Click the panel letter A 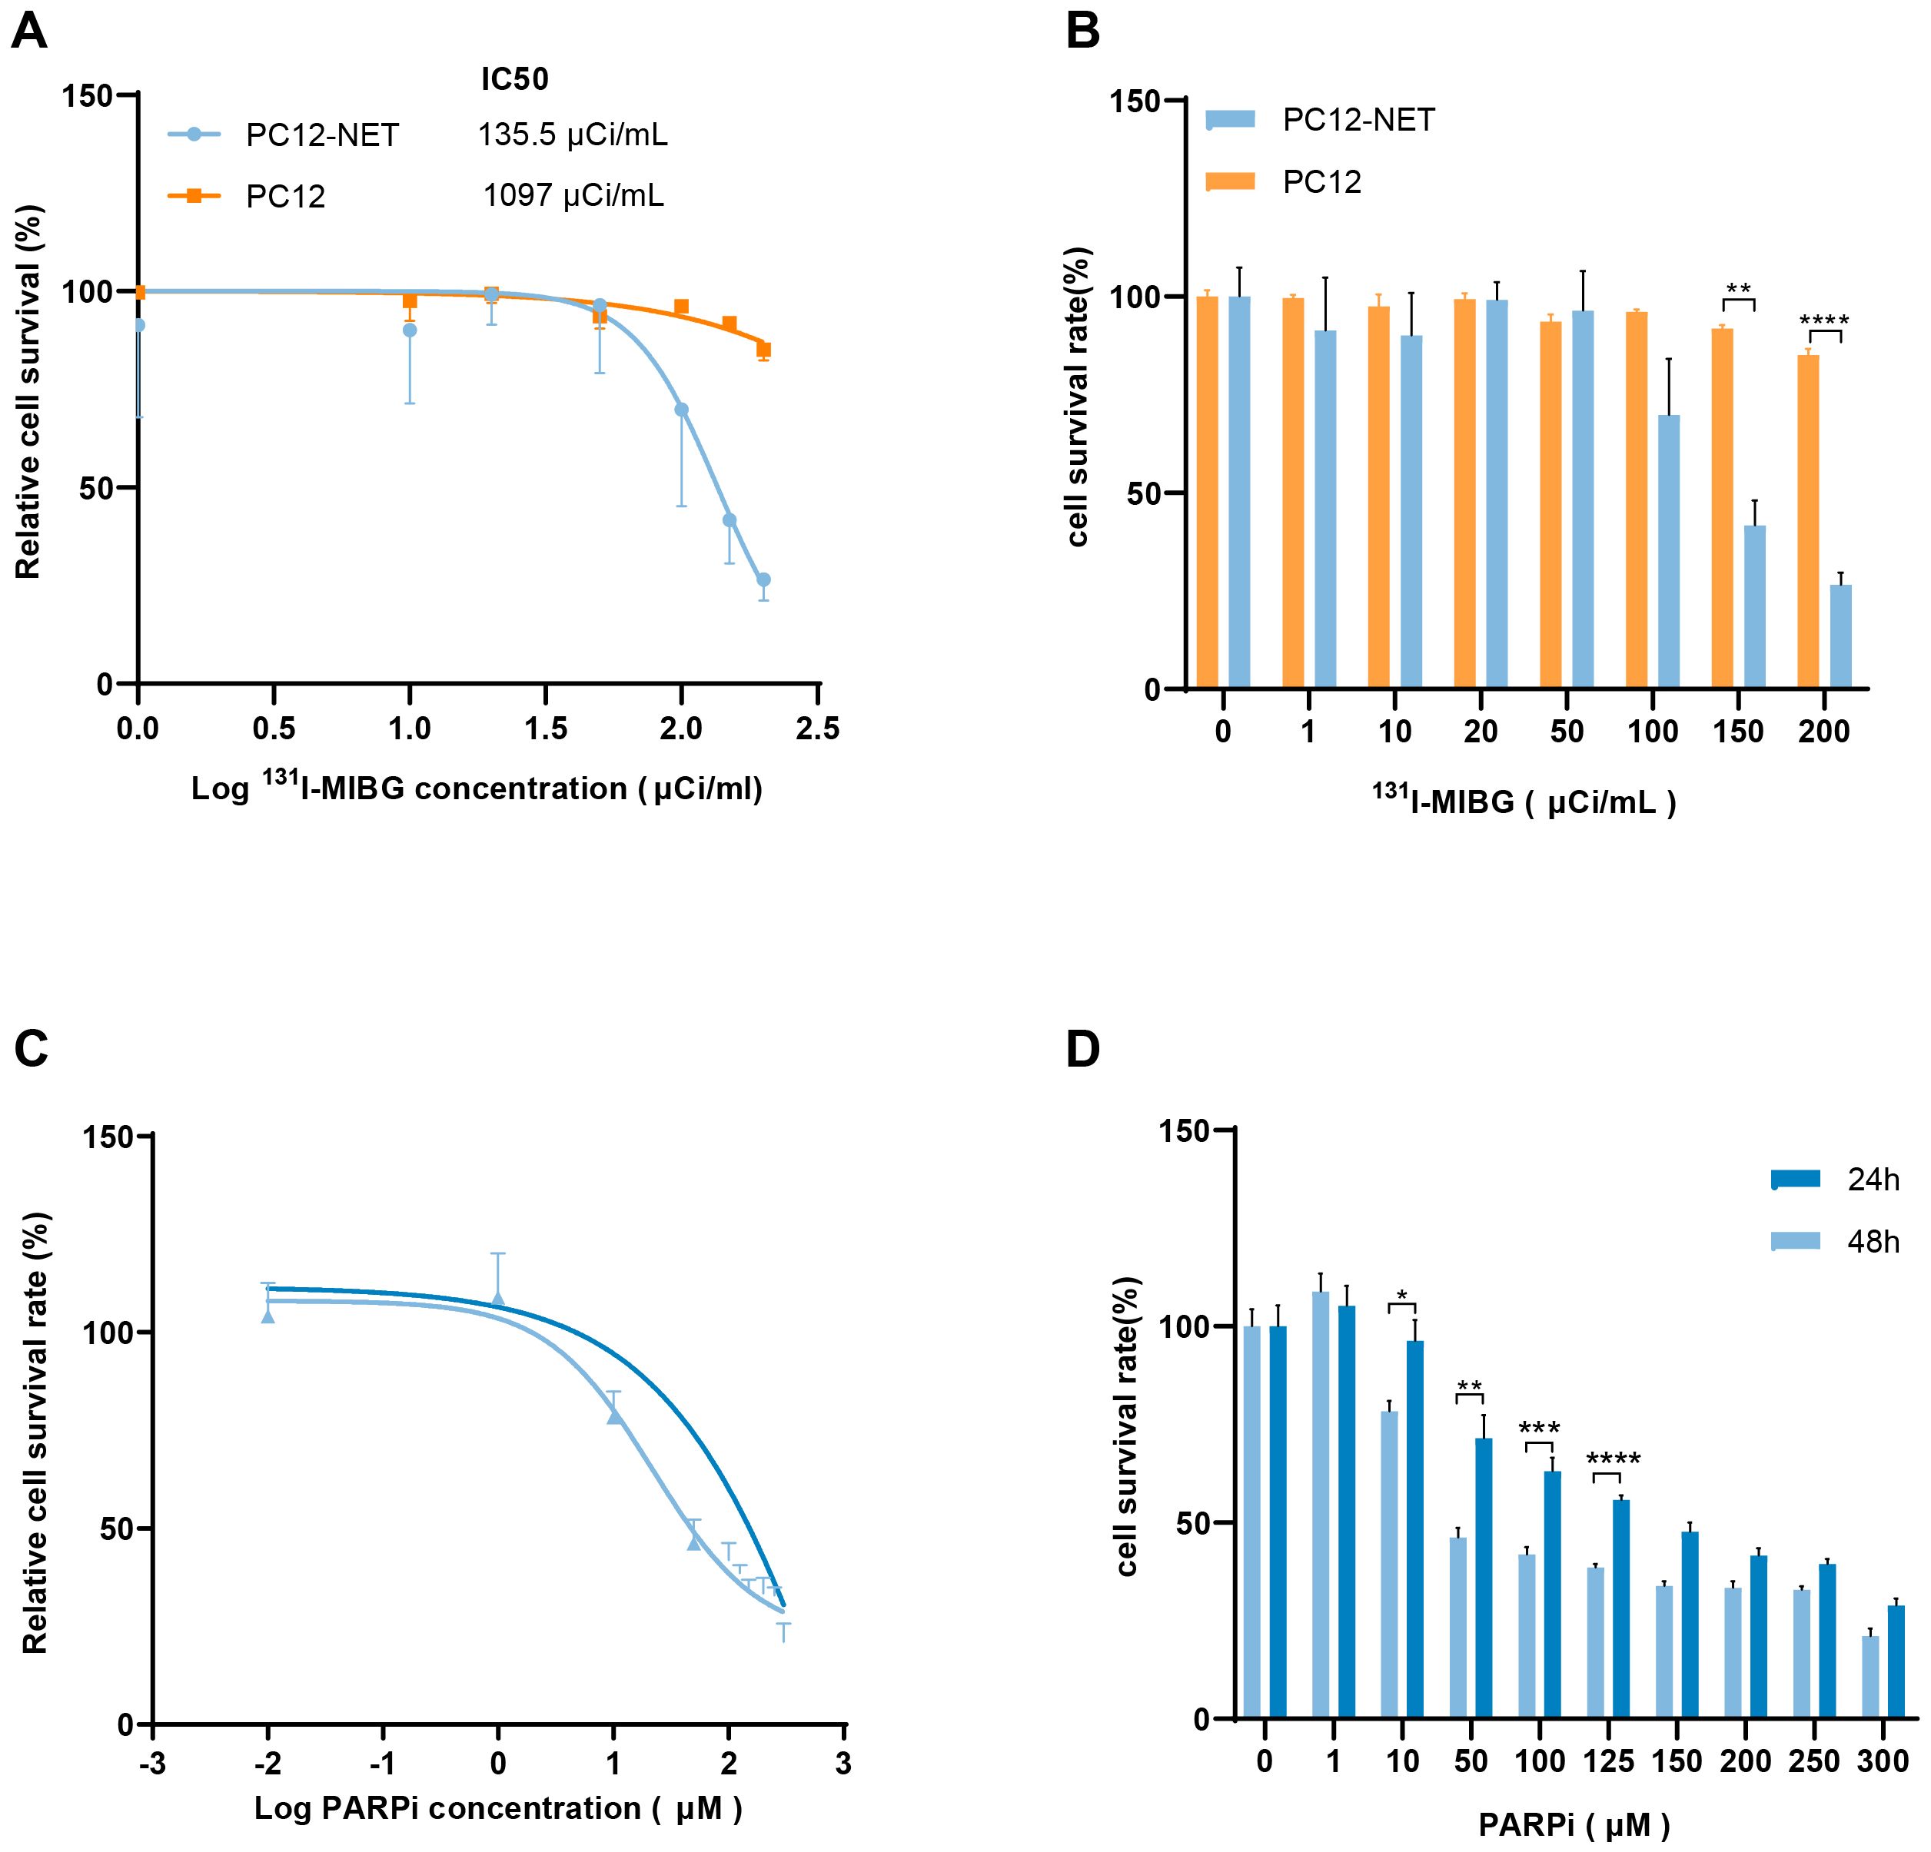[x=28, y=32]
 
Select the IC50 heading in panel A [x=514, y=80]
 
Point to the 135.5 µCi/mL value [x=573, y=135]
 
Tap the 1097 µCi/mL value [x=573, y=196]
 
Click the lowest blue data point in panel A [x=763, y=579]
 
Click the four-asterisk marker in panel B [x=1823, y=321]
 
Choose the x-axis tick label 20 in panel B [x=1480, y=732]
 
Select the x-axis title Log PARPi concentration [x=497, y=1807]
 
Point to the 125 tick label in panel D [x=1608, y=1761]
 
